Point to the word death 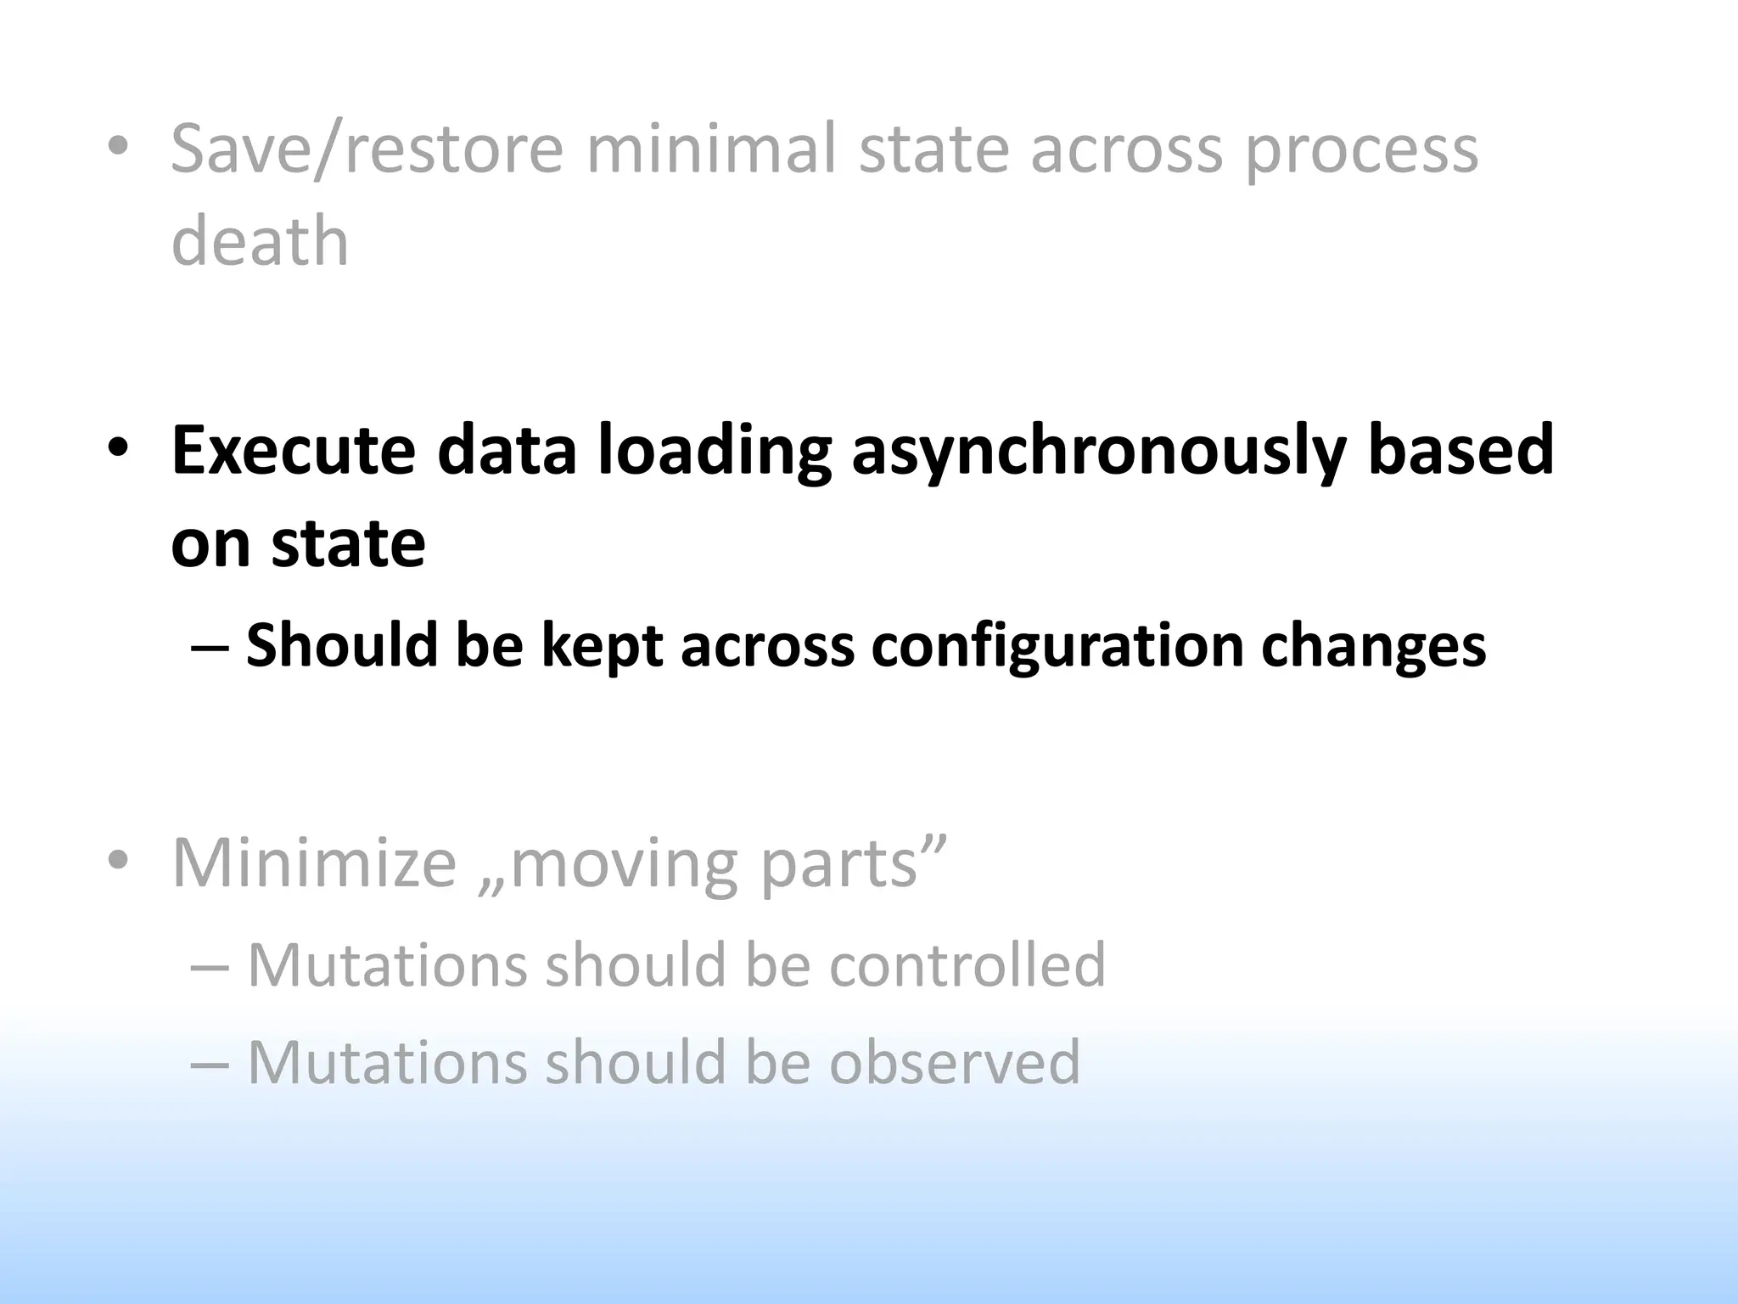click(x=260, y=241)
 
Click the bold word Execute click(x=294, y=450)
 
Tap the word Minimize click(x=314, y=863)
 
